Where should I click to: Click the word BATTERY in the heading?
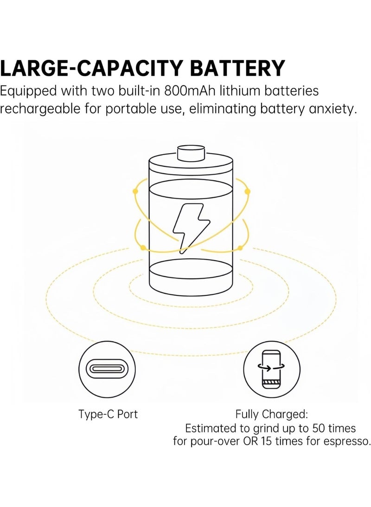pos(237,68)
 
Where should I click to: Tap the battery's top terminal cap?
pos(191,153)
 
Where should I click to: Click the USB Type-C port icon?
pos(107,369)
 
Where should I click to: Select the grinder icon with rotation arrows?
pos(272,369)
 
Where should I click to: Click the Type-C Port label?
pos(108,415)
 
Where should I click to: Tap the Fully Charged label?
pos(272,414)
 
